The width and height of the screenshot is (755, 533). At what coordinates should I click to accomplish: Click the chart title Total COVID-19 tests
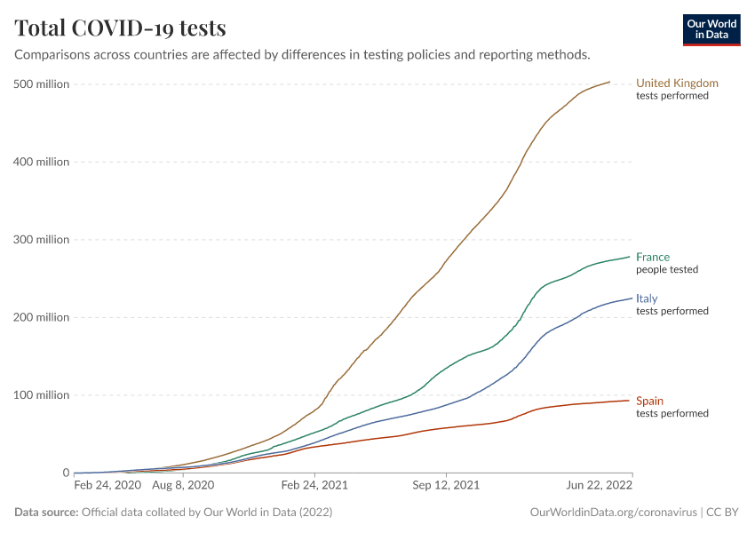pos(120,28)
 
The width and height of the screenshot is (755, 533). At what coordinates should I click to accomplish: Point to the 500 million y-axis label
pos(42,84)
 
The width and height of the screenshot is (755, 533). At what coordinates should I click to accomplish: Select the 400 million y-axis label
pos(42,162)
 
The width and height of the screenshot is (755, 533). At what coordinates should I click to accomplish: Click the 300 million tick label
pos(42,240)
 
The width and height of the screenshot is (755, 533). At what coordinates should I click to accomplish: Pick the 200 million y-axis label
pos(42,317)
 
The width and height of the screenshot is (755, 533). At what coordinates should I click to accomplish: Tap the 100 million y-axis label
pos(42,395)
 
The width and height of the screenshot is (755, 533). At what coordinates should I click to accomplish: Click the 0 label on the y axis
pos(65,473)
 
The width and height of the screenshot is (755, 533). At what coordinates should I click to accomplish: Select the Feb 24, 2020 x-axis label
pos(107,486)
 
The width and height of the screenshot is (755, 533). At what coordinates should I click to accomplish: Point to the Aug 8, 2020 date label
pos(183,486)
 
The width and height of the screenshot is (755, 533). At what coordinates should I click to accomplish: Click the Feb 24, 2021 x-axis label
pos(314,486)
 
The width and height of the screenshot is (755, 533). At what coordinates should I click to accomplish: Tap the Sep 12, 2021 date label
pos(446,486)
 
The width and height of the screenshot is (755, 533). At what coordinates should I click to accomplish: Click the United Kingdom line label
pos(677,84)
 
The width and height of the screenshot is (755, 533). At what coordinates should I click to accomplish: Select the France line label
pos(653,258)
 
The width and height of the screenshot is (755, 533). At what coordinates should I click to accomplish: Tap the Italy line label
pos(647,299)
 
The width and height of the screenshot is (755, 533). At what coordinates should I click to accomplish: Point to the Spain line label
pos(649,402)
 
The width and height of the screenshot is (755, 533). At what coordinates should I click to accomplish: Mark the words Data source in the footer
pos(46,513)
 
